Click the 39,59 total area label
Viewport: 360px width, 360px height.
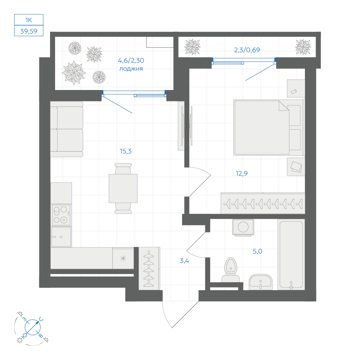pos(29,31)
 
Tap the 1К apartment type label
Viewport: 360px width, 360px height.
pos(28,20)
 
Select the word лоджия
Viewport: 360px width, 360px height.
pos(131,69)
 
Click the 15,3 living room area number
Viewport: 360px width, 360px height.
pos(126,151)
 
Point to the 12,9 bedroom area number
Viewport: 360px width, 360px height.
pos(242,174)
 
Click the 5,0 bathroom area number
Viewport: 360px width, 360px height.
pos(257,251)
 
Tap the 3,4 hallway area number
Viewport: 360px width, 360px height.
pos(184,261)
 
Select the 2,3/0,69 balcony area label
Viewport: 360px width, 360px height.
pos(247,50)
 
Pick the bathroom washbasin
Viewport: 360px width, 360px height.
pos(261,282)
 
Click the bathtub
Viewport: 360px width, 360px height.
pos(291,255)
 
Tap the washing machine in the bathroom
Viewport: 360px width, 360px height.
pos(243,227)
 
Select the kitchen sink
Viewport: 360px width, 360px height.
pos(61,237)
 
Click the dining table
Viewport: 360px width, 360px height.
pos(123,189)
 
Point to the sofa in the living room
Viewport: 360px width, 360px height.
pos(67,129)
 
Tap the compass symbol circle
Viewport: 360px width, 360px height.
pos(33,327)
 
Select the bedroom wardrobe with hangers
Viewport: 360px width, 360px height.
pos(263,203)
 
